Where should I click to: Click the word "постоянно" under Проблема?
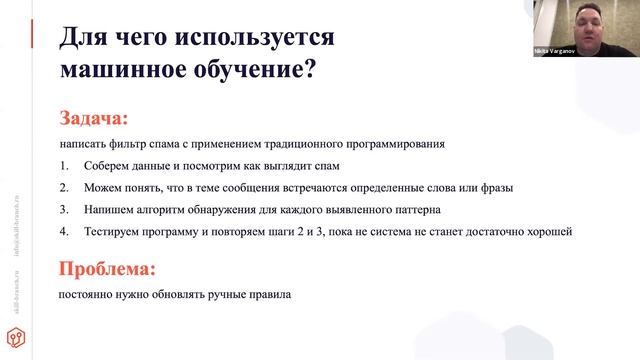coord(88,296)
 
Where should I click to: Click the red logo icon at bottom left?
coord(19,334)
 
